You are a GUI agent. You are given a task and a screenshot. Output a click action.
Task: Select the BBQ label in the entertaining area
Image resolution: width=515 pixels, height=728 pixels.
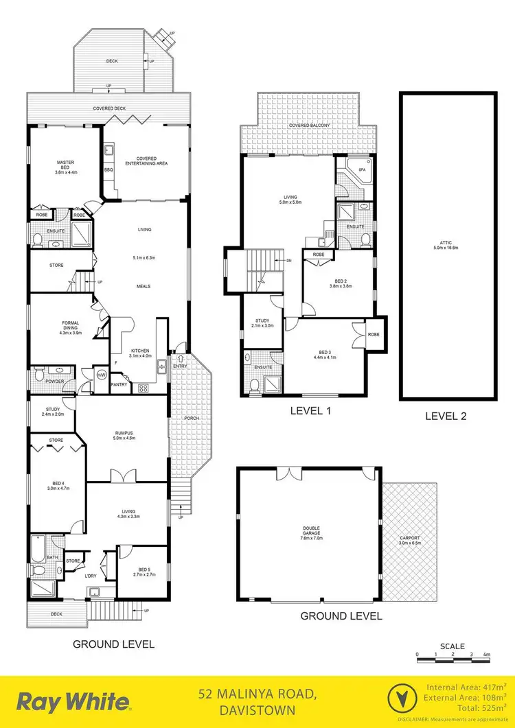coord(108,169)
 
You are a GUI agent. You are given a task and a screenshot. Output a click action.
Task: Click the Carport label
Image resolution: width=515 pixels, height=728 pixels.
coord(409,540)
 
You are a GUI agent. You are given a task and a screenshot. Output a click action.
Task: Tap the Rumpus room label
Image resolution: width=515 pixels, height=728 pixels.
coord(124,435)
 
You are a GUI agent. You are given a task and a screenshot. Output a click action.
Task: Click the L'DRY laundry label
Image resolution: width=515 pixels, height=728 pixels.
coord(91,575)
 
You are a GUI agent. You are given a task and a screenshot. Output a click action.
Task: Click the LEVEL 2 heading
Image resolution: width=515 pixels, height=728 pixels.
coord(445,415)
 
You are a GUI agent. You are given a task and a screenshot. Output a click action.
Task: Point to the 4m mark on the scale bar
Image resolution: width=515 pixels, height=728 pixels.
coord(486,656)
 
